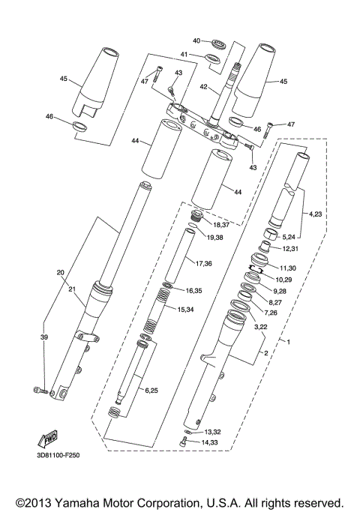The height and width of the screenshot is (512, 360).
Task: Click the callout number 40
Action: coord(196,40)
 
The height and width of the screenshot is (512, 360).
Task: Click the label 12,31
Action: coord(289,249)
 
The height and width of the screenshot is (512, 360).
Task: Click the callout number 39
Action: coord(43,338)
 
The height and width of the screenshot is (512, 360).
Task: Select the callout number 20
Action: coord(61,272)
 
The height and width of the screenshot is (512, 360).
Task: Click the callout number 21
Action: coord(73,289)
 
